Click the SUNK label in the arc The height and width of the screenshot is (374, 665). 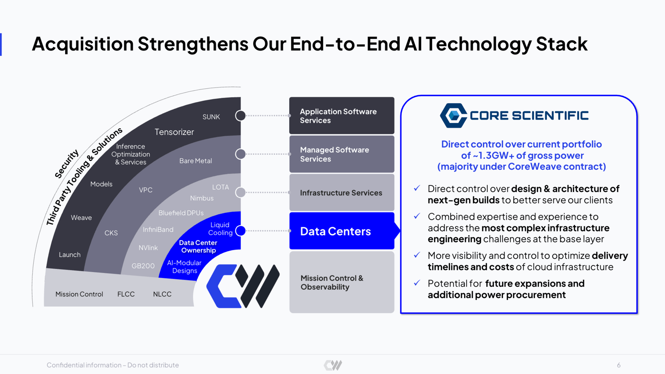(x=211, y=117)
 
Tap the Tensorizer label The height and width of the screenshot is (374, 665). (x=174, y=132)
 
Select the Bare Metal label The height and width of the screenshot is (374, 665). (x=195, y=161)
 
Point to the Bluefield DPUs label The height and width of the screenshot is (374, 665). (x=181, y=213)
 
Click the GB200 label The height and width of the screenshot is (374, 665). (x=143, y=266)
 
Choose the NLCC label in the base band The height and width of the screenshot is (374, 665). (x=162, y=294)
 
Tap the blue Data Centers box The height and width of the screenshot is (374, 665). (x=342, y=231)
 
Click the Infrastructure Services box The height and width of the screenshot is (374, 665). (x=342, y=192)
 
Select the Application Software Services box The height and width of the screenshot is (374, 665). (x=342, y=115)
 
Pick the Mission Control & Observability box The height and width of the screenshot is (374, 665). (x=342, y=282)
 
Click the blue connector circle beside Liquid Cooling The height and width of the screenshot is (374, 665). (x=240, y=231)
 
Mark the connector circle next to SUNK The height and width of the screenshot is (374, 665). (x=240, y=115)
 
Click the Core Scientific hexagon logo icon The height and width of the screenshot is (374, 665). (x=453, y=115)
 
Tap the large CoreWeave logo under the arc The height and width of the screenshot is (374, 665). (x=243, y=286)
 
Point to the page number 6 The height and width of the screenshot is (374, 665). (x=619, y=365)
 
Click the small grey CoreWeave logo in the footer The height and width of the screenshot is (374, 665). (x=333, y=365)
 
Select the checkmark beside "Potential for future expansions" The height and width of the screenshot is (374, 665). (x=417, y=283)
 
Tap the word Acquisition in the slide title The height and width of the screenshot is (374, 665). (x=83, y=44)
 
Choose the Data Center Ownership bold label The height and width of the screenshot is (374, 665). (x=198, y=246)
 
